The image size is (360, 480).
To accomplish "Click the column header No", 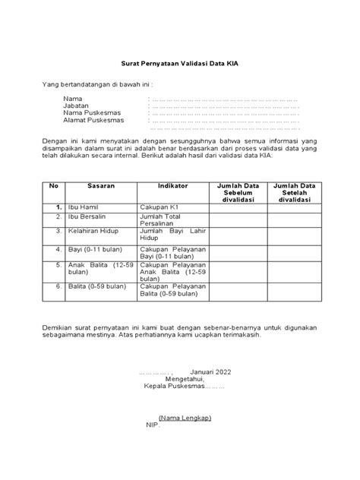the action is pyautogui.click(x=53, y=185).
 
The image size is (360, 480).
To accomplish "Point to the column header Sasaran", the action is pyautogui.click(x=101, y=185).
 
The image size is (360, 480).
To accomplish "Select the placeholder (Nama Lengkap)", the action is pyautogui.click(x=185, y=418).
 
